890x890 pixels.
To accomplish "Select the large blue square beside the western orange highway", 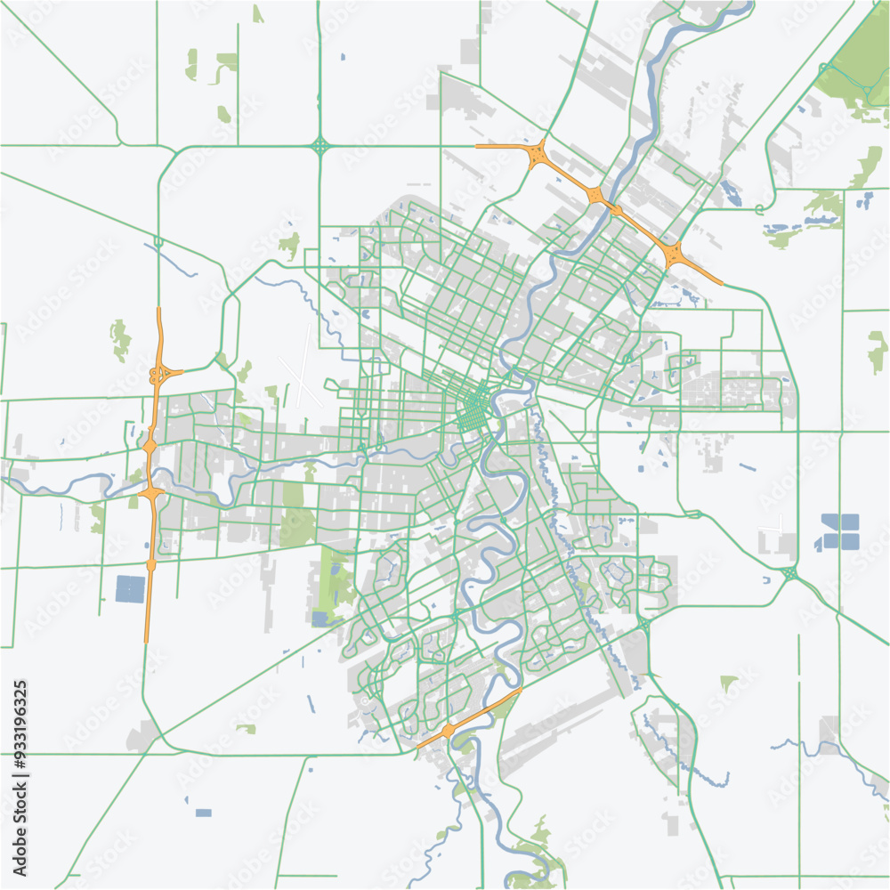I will [130, 589].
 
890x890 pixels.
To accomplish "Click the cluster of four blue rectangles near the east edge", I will [840, 530].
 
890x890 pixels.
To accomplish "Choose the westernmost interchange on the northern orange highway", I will [538, 155].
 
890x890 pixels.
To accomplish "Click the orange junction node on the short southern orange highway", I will [448, 730].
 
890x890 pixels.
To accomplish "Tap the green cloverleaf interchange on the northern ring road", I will [320, 145].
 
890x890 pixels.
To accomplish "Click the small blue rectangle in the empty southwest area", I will [203, 813].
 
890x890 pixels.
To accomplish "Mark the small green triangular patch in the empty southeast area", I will [729, 683].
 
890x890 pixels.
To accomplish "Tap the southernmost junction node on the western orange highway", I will [150, 564].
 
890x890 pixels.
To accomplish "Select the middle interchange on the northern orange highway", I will [595, 195].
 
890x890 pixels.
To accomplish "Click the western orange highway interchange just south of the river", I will [152, 491].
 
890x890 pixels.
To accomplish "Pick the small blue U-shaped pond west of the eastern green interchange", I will [766, 580].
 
